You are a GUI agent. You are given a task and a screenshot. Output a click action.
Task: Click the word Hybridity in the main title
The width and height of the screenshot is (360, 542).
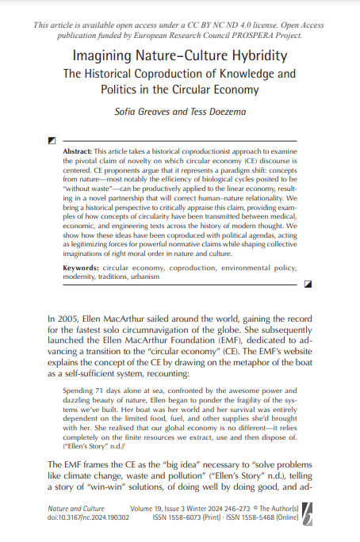[x=255, y=56]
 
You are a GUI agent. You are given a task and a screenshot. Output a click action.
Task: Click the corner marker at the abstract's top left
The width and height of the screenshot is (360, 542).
[x=52, y=140]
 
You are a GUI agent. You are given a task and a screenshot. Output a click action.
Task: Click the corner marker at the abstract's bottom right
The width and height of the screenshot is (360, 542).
[x=308, y=282]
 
